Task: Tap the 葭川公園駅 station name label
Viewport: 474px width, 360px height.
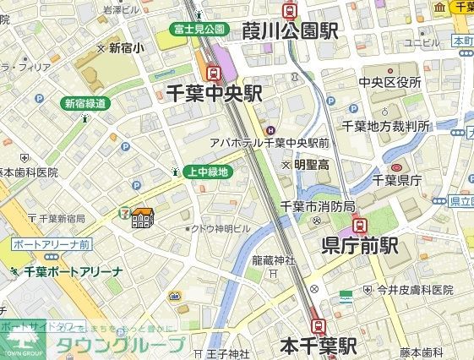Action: coord(290,31)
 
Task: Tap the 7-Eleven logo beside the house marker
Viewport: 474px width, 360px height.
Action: coord(124,210)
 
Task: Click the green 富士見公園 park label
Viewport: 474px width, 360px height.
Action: coord(199,29)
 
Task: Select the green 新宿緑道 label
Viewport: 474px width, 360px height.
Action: coord(85,103)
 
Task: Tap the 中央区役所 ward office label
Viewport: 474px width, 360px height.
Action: coord(390,82)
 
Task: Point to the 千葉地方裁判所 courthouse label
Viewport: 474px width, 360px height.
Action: coord(385,126)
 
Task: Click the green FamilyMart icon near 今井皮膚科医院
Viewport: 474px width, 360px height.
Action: coord(346,297)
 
